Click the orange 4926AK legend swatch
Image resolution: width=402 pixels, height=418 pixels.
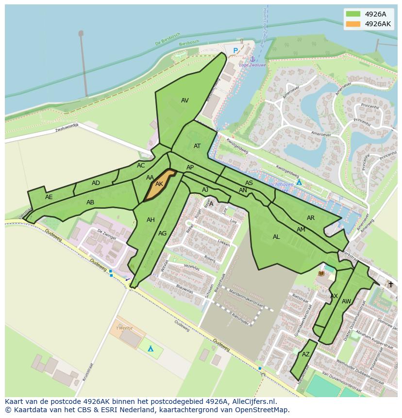tap(353, 24)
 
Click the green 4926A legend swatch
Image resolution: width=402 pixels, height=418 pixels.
tap(353, 14)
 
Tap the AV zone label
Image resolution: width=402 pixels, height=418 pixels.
tap(184, 100)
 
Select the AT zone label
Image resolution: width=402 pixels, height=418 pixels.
tap(197, 146)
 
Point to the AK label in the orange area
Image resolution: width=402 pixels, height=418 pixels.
tap(159, 184)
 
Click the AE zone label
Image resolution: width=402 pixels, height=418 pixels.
tap(49, 197)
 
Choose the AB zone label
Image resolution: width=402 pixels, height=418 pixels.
tap(90, 202)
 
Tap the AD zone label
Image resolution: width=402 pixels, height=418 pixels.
tap(96, 183)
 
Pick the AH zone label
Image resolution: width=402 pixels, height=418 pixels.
tap(151, 220)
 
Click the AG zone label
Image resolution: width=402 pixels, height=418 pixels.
tap(162, 234)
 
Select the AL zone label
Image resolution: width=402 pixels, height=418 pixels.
tap(276, 237)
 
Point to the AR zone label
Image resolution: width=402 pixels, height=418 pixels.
tap(311, 218)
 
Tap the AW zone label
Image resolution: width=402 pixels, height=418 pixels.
tap(346, 301)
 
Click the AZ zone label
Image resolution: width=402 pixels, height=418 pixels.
tap(305, 354)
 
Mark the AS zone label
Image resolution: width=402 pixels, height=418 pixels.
tap(249, 183)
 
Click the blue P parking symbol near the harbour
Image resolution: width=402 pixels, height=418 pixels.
tap(235, 50)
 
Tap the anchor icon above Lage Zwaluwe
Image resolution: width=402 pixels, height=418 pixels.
tap(252, 59)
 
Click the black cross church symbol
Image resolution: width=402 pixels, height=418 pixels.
tap(390, 284)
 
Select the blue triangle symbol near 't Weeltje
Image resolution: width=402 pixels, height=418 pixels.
tap(151, 349)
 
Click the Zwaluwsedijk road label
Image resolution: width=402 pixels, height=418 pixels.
tap(67, 128)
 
